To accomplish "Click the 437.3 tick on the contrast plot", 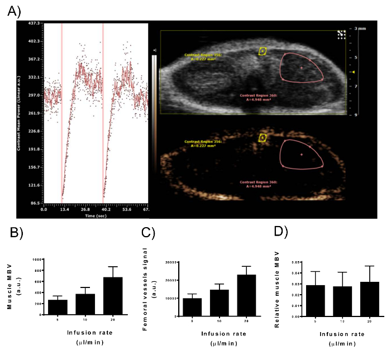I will [x=33, y=23].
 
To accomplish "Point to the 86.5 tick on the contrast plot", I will [x=34, y=204].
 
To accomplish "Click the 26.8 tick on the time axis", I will [x=85, y=209].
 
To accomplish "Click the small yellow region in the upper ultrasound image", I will [x=263, y=51].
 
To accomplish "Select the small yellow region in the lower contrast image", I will [x=263, y=137].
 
